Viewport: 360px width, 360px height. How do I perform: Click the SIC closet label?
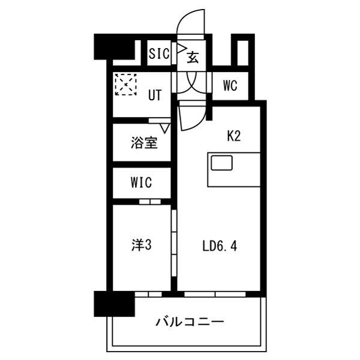point(159,53)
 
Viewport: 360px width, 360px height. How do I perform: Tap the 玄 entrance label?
point(193,57)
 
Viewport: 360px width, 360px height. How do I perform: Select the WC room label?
point(230,86)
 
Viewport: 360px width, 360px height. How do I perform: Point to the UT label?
point(155,95)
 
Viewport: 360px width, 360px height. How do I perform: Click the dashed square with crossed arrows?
point(126,85)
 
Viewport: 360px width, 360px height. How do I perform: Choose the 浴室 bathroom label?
point(144,143)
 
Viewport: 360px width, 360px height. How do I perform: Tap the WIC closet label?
point(141,182)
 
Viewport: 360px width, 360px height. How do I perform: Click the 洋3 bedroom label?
point(142,245)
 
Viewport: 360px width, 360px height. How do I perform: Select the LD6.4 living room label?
point(220,246)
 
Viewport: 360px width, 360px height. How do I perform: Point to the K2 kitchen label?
point(234,136)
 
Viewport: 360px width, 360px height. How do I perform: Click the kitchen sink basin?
point(221,163)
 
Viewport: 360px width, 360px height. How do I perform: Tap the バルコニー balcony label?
point(190,322)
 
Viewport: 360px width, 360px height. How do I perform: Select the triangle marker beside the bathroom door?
point(165,128)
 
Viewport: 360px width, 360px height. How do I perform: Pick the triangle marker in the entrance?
point(181,49)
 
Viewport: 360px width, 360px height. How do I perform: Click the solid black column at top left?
point(114,47)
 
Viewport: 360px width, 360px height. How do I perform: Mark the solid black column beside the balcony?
point(114,304)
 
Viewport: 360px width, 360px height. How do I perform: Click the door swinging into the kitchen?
point(193,117)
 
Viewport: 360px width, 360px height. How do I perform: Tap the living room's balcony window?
point(215,294)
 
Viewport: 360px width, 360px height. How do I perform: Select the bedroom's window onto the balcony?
point(148,294)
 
